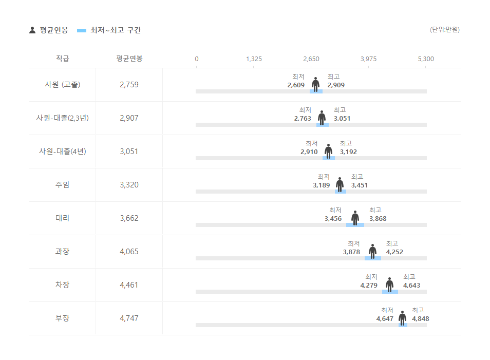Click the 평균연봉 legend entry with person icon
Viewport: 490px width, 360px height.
pyautogui.click(x=48, y=30)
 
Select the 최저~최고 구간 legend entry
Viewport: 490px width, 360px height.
pyautogui.click(x=109, y=30)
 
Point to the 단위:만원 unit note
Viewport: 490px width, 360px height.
pyautogui.click(x=444, y=30)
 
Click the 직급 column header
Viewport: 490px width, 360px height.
pyautogui.click(x=62, y=59)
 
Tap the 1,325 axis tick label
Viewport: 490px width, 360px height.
pyautogui.click(x=254, y=59)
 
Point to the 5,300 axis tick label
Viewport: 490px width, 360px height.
pyautogui.click(x=426, y=59)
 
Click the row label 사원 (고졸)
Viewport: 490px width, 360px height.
pyautogui.click(x=62, y=85)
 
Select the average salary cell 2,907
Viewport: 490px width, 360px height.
pyautogui.click(x=129, y=118)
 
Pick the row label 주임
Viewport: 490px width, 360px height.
pyautogui.click(x=62, y=185)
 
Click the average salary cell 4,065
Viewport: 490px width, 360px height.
pyautogui.click(x=129, y=252)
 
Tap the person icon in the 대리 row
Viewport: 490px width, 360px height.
pyautogui.click(x=355, y=218)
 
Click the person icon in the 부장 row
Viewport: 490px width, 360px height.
pyautogui.click(x=402, y=318)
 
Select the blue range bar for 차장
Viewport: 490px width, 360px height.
pyautogui.click(x=390, y=292)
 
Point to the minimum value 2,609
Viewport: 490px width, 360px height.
pyautogui.click(x=296, y=85)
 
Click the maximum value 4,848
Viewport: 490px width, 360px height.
pyautogui.click(x=420, y=318)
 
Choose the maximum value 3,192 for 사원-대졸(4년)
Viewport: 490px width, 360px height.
pyautogui.click(x=348, y=151)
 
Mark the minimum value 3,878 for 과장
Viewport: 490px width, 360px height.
pyautogui.click(x=351, y=252)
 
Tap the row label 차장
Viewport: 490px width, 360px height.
pyautogui.click(x=62, y=285)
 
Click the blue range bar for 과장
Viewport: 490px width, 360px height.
pyautogui.click(x=372, y=258)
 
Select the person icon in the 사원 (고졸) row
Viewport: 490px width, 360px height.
pyautogui.click(x=315, y=84)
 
